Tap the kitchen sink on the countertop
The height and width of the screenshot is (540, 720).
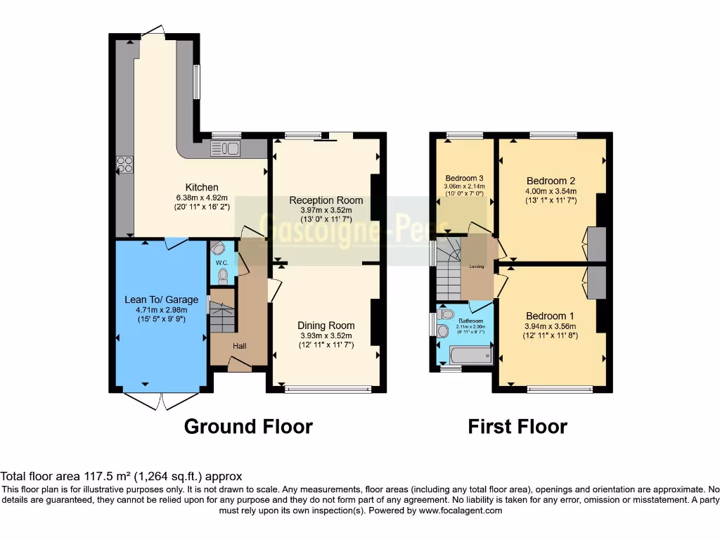pyautogui.click(x=226, y=148)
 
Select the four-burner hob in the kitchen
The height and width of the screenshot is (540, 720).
pyautogui.click(x=124, y=165)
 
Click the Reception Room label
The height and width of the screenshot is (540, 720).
pyautogui.click(x=326, y=200)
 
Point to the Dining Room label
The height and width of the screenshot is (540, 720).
pyautogui.click(x=326, y=326)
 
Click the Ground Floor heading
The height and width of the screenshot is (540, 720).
pyautogui.click(x=248, y=426)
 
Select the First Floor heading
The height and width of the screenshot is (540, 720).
pyautogui.click(x=517, y=426)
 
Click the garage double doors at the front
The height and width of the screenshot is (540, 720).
pyautogui.click(x=160, y=400)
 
